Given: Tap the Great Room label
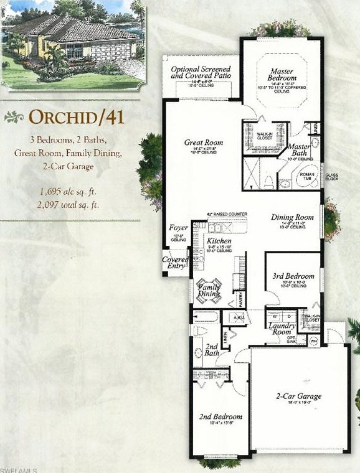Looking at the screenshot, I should point(203,143).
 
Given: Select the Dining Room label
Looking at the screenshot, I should point(288,217).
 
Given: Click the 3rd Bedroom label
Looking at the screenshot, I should point(293,276).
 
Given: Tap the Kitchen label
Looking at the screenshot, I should point(219,241).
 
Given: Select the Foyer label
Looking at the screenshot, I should point(179,228).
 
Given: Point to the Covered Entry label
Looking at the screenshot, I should point(175,263).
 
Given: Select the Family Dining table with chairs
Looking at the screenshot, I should point(209,288).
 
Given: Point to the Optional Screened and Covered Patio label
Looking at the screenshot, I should point(201,73).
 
